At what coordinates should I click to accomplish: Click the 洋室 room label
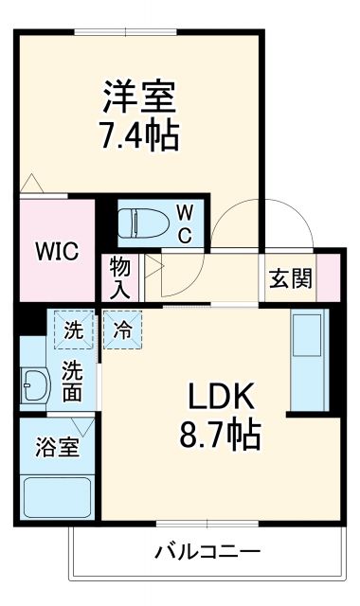pyautogui.click(x=139, y=98)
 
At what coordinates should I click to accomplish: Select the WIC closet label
pyautogui.click(x=57, y=252)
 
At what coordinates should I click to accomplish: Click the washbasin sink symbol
pyautogui.click(x=36, y=386)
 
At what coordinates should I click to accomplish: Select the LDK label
pyautogui.click(x=221, y=397)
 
